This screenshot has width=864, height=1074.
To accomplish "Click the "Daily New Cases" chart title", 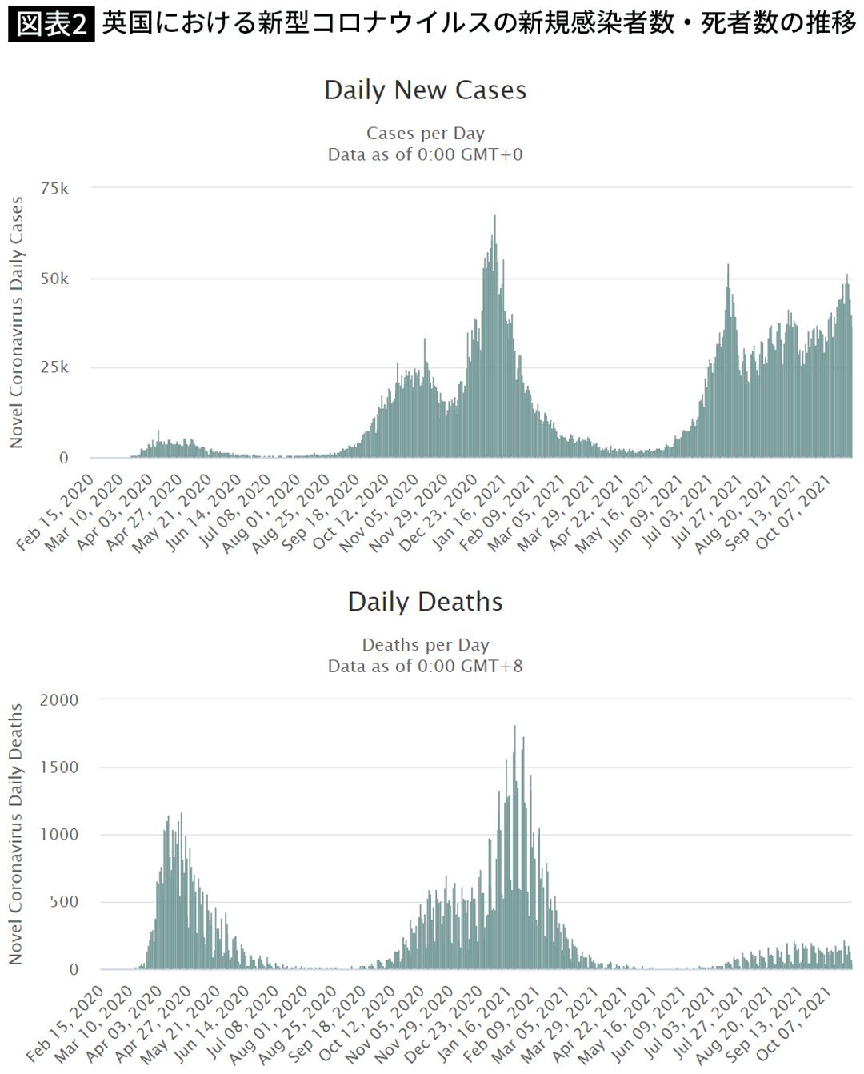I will [x=425, y=90].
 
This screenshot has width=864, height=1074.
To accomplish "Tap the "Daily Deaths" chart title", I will [x=425, y=602].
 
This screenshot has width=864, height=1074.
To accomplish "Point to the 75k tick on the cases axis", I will [x=54, y=189].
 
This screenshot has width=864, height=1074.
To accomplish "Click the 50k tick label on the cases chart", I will [x=54, y=279].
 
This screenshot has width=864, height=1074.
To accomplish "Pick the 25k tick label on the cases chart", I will [x=54, y=367].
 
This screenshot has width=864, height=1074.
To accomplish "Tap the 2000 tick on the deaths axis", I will [x=59, y=700].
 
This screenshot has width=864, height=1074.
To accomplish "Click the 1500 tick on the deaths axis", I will [x=59, y=767].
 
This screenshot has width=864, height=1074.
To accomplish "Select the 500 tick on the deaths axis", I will [x=63, y=902].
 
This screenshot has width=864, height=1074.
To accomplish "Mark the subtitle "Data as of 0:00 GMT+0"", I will [x=425, y=154].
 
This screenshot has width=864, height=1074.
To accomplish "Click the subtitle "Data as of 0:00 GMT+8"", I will [x=425, y=666].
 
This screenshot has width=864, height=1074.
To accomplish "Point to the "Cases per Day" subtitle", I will [x=425, y=134].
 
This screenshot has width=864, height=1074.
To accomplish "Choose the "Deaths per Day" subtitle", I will [x=425, y=645].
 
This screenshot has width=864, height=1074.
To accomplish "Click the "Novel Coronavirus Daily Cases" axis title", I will [x=17, y=323].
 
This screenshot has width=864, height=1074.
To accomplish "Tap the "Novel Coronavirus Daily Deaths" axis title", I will [x=17, y=834].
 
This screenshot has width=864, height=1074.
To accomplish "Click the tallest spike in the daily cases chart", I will [x=494, y=218].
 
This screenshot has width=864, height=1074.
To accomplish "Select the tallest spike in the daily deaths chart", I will [x=514, y=727].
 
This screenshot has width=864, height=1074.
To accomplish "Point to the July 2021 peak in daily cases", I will [x=728, y=266].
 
